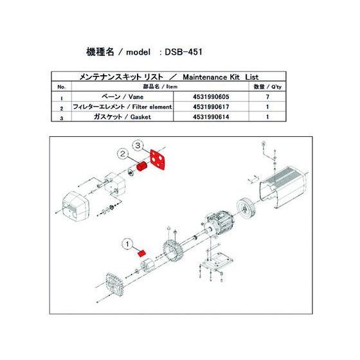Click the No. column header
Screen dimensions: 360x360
(61, 85)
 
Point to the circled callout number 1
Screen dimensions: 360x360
(127, 244)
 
